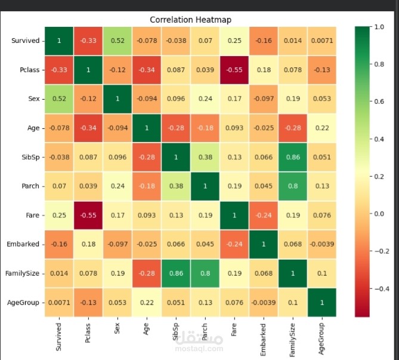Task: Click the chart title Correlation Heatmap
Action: pos(190,20)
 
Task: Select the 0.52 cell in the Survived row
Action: pos(117,41)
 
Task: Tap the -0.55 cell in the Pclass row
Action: pos(234,70)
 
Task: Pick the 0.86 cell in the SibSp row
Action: pos(292,157)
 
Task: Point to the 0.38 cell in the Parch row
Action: pos(175,186)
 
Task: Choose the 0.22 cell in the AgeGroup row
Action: pos(146,303)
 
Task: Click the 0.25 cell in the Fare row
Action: pos(58,215)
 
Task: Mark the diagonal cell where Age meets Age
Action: pos(146,128)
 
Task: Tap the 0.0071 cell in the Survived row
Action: pos(321,41)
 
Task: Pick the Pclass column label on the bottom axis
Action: pos(88,334)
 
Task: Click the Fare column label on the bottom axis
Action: pos(234,331)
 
